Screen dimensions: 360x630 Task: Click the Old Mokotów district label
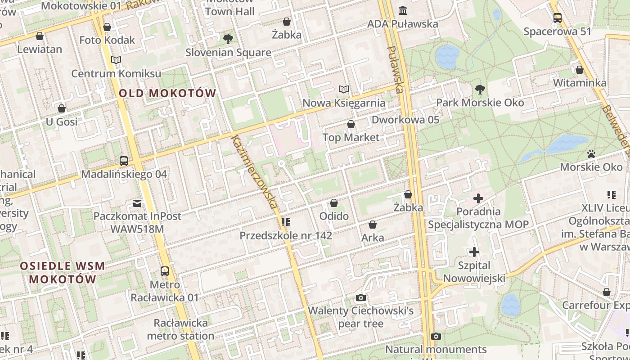[x=168, y=94]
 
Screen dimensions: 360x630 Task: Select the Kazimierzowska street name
[x=254, y=171]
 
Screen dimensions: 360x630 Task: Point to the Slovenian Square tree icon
[x=228, y=39]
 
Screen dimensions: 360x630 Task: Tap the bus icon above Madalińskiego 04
[x=124, y=161]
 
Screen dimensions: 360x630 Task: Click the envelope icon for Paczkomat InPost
[x=137, y=203]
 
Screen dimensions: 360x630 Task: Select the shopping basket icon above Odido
[x=334, y=203]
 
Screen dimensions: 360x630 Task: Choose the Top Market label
[x=351, y=137]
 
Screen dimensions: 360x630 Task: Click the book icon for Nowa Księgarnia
[x=344, y=90]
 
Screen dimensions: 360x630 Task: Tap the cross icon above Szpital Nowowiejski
[x=474, y=252]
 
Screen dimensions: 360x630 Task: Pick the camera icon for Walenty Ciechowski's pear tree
[x=360, y=297]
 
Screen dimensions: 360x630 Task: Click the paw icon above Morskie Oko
[x=591, y=154]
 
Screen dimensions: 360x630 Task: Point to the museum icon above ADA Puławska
[x=403, y=10]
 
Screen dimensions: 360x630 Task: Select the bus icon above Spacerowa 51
[x=558, y=18]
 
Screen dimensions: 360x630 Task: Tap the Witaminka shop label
[x=580, y=83]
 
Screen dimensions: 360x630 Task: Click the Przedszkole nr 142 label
[x=286, y=235]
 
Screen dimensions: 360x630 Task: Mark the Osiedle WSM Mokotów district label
[x=63, y=272]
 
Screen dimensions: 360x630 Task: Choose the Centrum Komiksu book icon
[x=116, y=60]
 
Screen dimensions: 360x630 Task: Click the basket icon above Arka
[x=373, y=225]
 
